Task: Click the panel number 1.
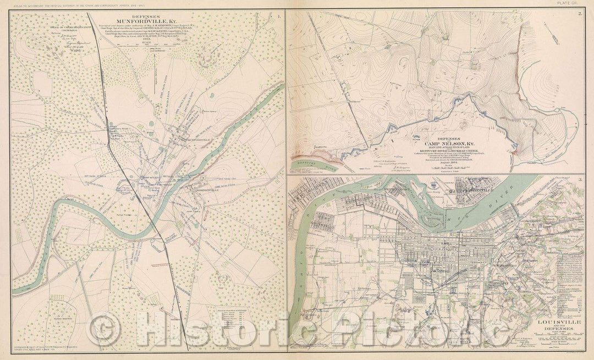click(279, 16)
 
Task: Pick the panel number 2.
click(580, 14)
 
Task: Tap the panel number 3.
click(580, 180)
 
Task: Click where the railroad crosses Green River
click(155, 223)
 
